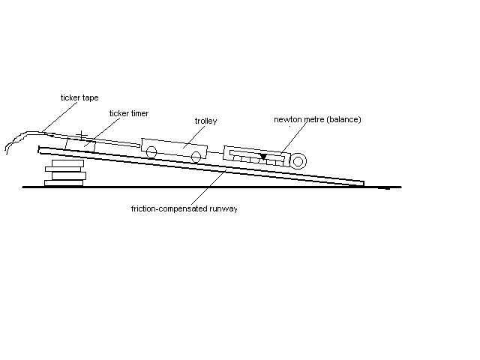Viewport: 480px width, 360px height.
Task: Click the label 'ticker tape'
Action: pyautogui.click(x=79, y=97)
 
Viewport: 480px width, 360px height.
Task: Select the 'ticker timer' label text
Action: pyautogui.click(x=129, y=113)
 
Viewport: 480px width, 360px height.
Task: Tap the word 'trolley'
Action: pyautogui.click(x=205, y=121)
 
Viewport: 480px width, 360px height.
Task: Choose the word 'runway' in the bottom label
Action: pyautogui.click(x=223, y=209)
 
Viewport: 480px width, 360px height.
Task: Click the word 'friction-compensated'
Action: pyautogui.click(x=169, y=208)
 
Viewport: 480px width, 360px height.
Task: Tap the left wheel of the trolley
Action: pyautogui.click(x=151, y=151)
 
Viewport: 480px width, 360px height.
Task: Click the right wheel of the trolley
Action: pyautogui.click(x=196, y=157)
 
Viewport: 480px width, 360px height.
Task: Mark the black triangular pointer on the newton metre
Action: pyautogui.click(x=263, y=157)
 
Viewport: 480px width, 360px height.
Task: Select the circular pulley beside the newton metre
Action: pyautogui.click(x=298, y=161)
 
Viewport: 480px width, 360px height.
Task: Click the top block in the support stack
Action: pyautogui.click(x=67, y=163)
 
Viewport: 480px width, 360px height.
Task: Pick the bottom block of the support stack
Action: pyautogui.click(x=64, y=183)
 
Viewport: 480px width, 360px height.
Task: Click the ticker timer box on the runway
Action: pyautogui.click(x=80, y=145)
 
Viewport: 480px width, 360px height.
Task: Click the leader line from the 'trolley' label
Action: pyautogui.click(x=193, y=137)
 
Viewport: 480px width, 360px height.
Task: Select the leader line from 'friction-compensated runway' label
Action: pyautogui.click(x=208, y=187)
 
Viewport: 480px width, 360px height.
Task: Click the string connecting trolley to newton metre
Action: pyautogui.click(x=215, y=152)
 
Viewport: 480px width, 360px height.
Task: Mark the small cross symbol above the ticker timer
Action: pyautogui.click(x=82, y=135)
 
